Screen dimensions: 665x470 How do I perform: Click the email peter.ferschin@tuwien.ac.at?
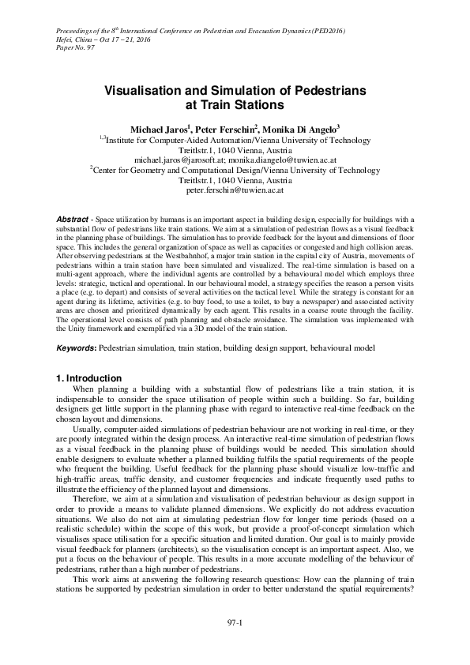235,190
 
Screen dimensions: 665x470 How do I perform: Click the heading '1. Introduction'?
88,378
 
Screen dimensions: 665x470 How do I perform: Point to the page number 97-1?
235,624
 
